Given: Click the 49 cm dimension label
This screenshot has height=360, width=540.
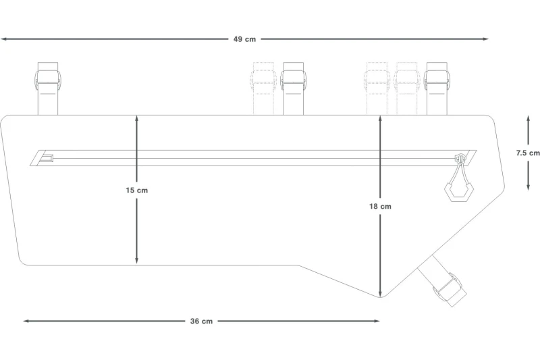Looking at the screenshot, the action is click(x=244, y=39).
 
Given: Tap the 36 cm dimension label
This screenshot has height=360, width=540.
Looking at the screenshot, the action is click(x=201, y=321).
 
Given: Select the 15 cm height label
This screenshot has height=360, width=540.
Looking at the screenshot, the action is click(x=137, y=190).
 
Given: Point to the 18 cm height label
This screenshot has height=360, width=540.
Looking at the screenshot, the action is click(x=380, y=207).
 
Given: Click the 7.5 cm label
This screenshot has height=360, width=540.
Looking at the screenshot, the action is click(x=528, y=153).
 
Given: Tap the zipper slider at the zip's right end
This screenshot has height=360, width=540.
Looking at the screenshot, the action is click(x=460, y=159).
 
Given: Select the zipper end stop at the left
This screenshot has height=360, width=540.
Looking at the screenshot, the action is click(x=47, y=158).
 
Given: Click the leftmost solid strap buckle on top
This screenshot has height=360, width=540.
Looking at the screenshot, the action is click(x=47, y=82).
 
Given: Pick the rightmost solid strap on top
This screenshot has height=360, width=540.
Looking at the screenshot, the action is click(x=437, y=88).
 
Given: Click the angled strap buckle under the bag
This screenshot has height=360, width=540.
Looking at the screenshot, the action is click(x=449, y=289).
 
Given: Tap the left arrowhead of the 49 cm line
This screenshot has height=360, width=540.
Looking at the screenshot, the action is click(x=3, y=39).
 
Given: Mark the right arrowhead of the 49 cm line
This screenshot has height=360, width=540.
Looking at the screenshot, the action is click(x=485, y=39).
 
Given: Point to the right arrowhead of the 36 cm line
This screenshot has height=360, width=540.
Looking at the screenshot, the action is click(x=377, y=321).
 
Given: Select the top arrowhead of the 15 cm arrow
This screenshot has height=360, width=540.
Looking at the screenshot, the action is click(x=137, y=118).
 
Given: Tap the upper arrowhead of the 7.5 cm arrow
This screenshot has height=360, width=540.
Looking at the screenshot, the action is click(x=528, y=119).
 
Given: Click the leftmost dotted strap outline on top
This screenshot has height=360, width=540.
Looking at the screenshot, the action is click(x=263, y=88).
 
